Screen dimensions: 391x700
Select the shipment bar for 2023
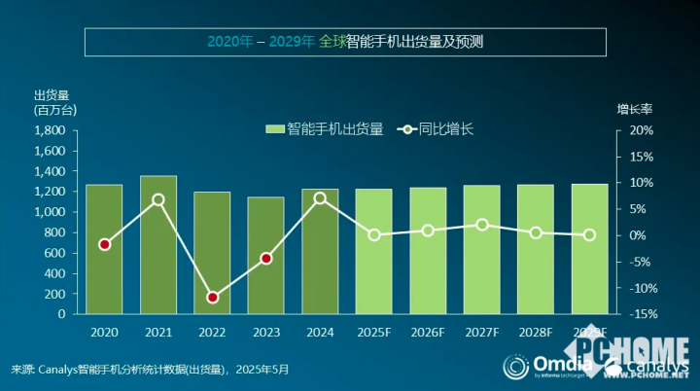pyautogui.click(x=265, y=256)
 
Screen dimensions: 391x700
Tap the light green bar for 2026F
pyautogui.click(x=428, y=251)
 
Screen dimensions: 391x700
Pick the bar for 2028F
pyautogui.click(x=536, y=249)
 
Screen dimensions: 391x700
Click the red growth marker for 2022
pyautogui.click(x=212, y=298)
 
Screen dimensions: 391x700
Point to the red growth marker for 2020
pyautogui.click(x=104, y=244)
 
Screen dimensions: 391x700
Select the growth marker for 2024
pyautogui.click(x=320, y=198)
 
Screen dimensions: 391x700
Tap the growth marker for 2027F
pyautogui.click(x=482, y=225)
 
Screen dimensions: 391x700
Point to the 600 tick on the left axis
pyautogui.click(x=54, y=253)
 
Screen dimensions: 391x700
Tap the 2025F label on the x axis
pyautogui.click(x=374, y=333)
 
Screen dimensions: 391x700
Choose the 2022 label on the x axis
pyautogui.click(x=212, y=333)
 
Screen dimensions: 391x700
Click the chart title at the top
pyautogui.click(x=345, y=42)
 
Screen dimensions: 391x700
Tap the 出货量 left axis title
pyautogui.click(x=51, y=94)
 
